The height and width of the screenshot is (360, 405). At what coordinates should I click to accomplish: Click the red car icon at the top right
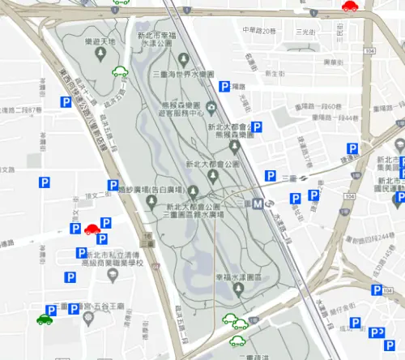350,6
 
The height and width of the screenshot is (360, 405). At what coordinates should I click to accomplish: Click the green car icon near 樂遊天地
120,72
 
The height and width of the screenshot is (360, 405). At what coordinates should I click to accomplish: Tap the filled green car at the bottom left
45,319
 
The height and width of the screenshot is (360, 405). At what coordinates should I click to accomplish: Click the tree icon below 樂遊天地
100,54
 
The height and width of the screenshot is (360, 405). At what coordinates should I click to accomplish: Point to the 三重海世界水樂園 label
183,74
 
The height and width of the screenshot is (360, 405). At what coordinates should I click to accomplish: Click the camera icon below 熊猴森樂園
211,107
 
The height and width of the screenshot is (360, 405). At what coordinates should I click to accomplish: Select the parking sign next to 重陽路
224,86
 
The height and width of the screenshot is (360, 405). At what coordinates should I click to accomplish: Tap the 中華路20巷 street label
259,31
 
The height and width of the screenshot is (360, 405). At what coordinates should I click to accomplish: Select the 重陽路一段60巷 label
322,107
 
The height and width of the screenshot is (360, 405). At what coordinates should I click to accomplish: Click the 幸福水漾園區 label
238,277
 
